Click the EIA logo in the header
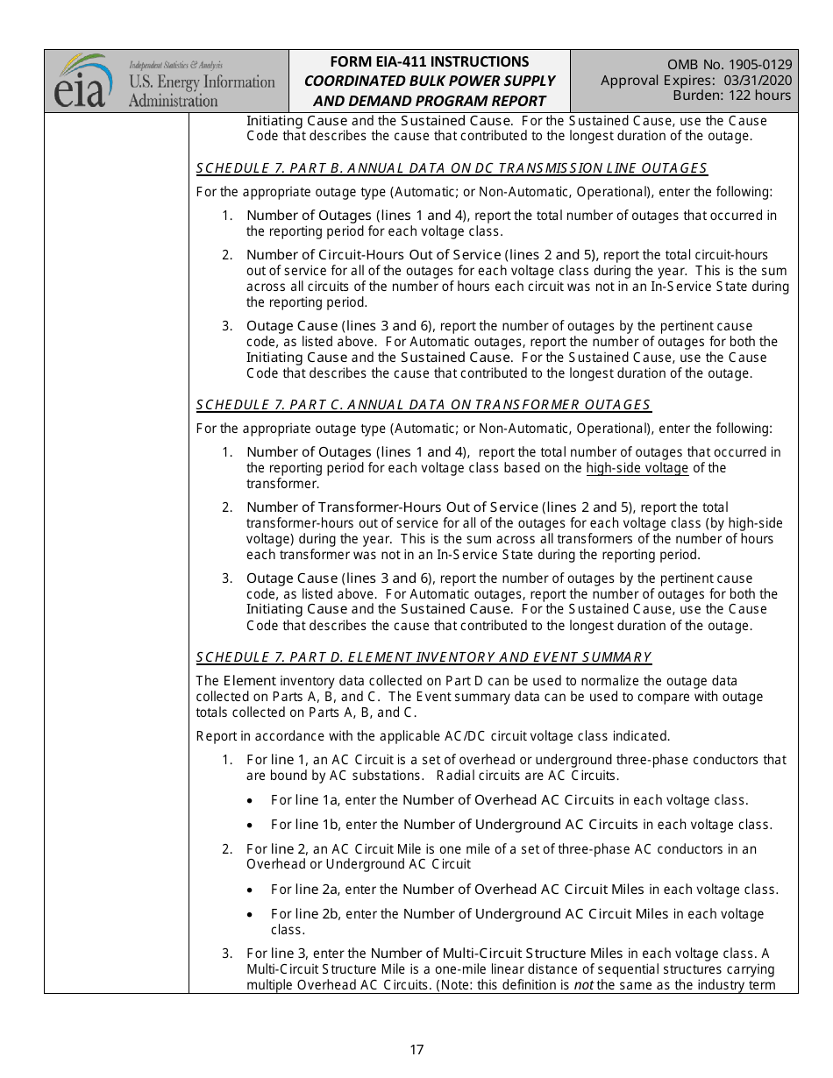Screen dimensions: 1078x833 (84, 81)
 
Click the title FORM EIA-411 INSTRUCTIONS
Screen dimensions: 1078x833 (429, 61)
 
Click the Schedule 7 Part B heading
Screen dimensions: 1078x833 (452, 168)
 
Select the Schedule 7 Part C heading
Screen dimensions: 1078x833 (424, 405)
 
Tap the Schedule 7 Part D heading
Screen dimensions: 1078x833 (424, 657)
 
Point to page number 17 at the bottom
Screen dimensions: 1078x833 (416, 1050)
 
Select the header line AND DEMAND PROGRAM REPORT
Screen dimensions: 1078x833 (429, 101)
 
